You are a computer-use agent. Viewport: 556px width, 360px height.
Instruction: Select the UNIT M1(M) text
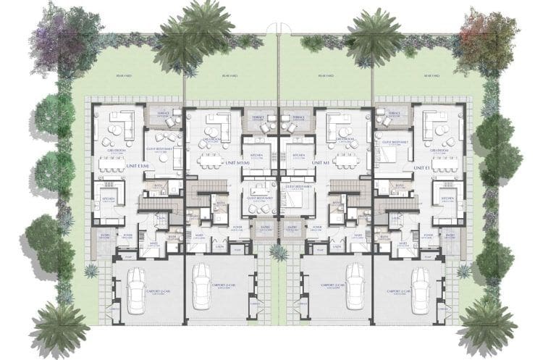coord(237,164)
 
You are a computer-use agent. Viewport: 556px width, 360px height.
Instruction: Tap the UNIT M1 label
coord(321,164)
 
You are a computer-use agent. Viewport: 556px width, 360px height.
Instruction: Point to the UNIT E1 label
coord(422,167)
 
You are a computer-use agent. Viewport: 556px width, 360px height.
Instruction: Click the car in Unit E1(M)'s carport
coord(135,290)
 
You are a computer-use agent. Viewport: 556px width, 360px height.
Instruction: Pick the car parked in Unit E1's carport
coord(422,290)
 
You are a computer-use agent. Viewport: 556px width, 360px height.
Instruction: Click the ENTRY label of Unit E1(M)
coord(105,235)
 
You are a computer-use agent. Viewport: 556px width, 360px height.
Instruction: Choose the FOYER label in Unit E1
coord(429,235)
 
